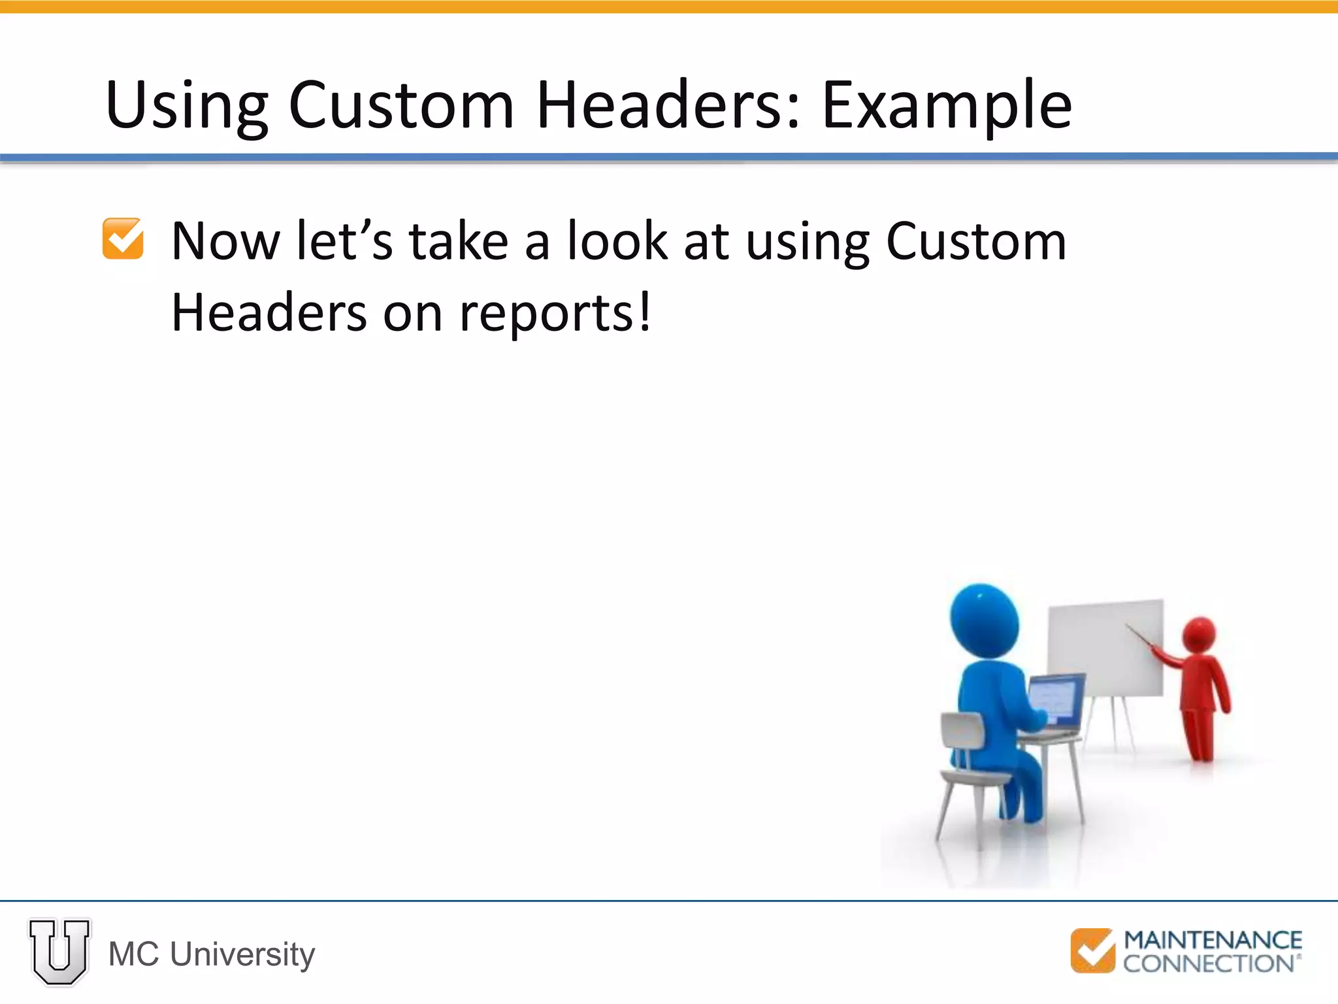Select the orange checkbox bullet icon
pos(123,239)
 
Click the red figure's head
pos(1199,634)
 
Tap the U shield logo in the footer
pos(59,952)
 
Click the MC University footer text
pos(212,954)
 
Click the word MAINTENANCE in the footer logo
pos(1213,940)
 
